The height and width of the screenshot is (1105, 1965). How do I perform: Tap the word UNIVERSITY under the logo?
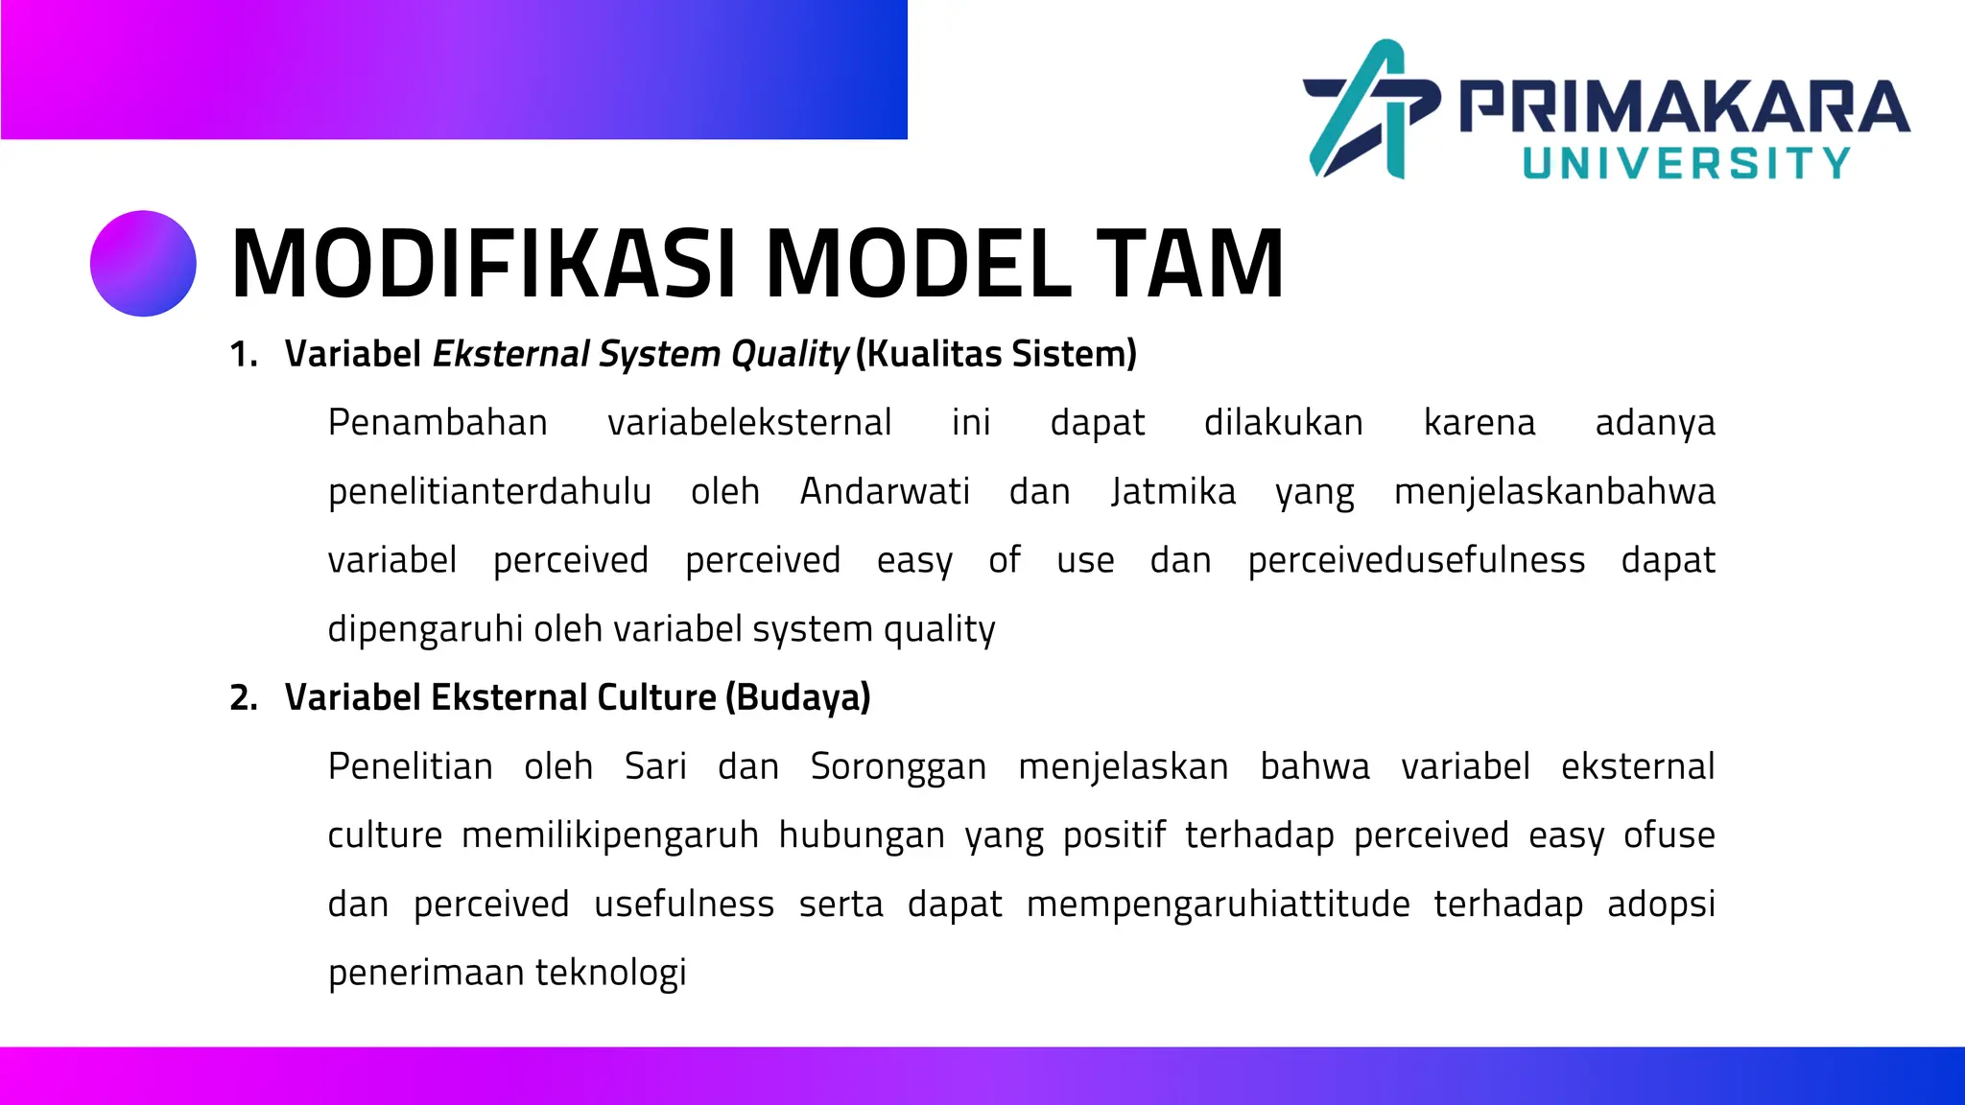pyautogui.click(x=1686, y=163)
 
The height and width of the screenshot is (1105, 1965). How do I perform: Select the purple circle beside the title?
pyautogui.click(x=143, y=264)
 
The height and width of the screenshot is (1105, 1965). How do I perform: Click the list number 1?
pyautogui.click(x=243, y=354)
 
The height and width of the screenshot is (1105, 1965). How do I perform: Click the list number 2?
pyautogui.click(x=243, y=697)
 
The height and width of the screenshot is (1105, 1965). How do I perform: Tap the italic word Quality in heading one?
pyautogui.click(x=790, y=354)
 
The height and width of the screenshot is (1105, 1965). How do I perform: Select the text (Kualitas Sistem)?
pyautogui.click(x=996, y=354)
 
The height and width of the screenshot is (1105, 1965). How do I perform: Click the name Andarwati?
pyautogui.click(x=885, y=491)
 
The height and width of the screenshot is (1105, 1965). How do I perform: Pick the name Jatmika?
pyautogui.click(x=1173, y=491)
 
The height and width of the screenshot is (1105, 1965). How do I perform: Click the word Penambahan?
pyautogui.click(x=438, y=422)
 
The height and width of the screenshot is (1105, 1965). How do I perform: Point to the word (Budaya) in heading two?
pyautogui.click(x=798, y=697)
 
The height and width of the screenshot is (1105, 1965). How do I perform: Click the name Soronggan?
pyautogui.click(x=898, y=766)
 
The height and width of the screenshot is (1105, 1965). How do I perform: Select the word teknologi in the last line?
pyautogui.click(x=610, y=973)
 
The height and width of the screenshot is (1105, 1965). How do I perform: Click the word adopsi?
pyautogui.click(x=1661, y=905)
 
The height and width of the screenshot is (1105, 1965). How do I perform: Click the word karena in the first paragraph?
pyautogui.click(x=1479, y=422)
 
